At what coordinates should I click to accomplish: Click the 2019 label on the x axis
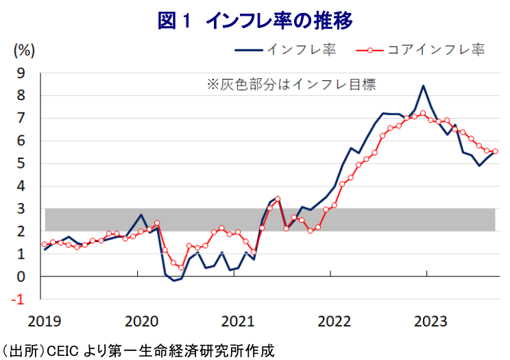(x=43, y=321)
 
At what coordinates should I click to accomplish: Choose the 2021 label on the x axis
(x=235, y=321)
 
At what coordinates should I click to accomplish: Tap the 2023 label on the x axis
(x=427, y=321)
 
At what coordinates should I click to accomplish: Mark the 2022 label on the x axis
(x=331, y=321)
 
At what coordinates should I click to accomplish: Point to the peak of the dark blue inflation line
(x=424, y=86)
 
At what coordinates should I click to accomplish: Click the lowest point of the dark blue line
(x=173, y=280)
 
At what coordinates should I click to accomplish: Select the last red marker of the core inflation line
(x=495, y=152)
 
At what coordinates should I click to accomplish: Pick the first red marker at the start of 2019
(x=45, y=244)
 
